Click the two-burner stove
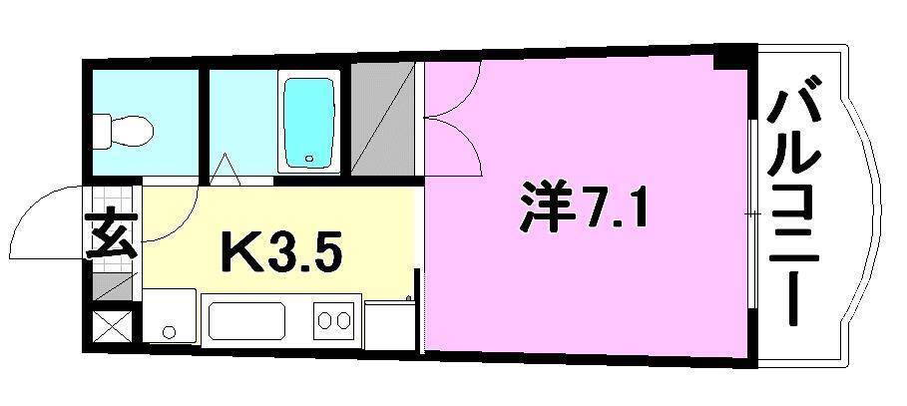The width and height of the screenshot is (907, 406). pyautogui.click(x=333, y=321)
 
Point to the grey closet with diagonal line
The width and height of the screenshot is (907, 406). pyautogui.click(x=381, y=120)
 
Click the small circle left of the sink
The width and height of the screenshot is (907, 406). pyautogui.click(x=169, y=331)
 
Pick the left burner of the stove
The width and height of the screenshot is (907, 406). pyautogui.click(x=324, y=321)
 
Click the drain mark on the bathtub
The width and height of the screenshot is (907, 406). pyautogui.click(x=309, y=159)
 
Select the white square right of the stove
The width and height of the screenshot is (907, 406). pyautogui.click(x=388, y=321)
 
